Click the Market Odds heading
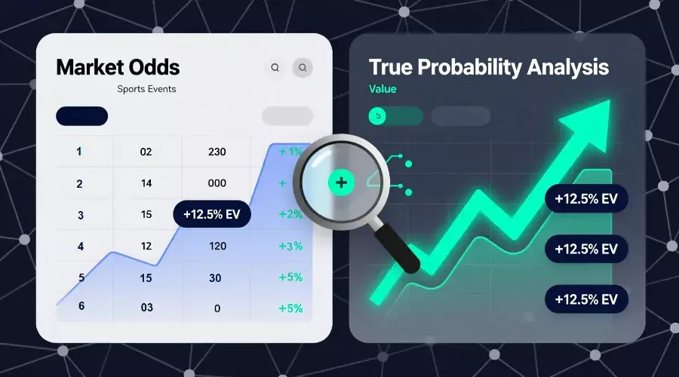[118, 67]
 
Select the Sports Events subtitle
[146, 89]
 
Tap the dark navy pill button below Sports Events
[81, 116]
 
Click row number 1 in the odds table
[80, 152]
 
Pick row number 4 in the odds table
[80, 246]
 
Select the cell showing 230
[217, 152]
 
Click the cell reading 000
[217, 183]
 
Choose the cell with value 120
[217, 246]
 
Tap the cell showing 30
[215, 277]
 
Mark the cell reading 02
[146, 152]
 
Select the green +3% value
[290, 246]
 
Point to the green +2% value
[290, 214]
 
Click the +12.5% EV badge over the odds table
[211, 214]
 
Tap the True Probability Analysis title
[488, 67]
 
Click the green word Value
[383, 89]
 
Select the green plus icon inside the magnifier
[341, 182]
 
